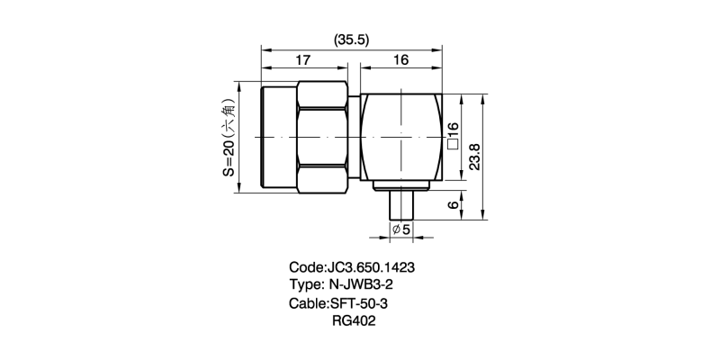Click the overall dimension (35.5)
(x=352, y=40)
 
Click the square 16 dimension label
(x=454, y=135)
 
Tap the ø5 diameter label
(x=401, y=230)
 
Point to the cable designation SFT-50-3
(x=364, y=304)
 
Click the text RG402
(x=353, y=321)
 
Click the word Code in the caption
(x=305, y=268)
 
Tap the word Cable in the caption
(x=308, y=304)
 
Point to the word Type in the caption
(x=306, y=286)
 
